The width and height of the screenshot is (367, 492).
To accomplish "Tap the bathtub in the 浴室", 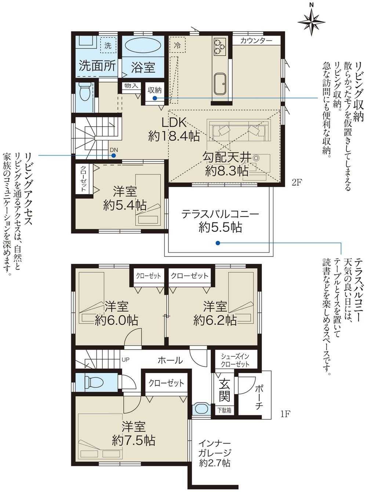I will click(143, 47).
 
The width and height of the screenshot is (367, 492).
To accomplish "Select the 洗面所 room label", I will click(97, 66).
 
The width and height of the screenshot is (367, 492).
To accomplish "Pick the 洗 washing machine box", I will click(108, 46).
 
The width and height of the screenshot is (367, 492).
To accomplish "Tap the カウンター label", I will click(256, 41).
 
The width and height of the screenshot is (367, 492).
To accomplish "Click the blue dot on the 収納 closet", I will click(155, 98).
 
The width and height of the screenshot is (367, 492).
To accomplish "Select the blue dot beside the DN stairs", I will click(114, 155).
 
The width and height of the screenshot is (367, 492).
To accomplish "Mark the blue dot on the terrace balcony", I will click(218, 243).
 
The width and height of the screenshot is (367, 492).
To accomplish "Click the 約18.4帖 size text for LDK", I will click(174, 136).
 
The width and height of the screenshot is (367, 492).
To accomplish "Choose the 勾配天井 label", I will click(227, 157).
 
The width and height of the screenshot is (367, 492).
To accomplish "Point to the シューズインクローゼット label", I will click(235, 360).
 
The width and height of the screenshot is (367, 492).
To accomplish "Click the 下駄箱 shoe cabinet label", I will click(224, 410).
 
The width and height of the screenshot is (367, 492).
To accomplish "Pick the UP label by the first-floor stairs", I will click(126, 360).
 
